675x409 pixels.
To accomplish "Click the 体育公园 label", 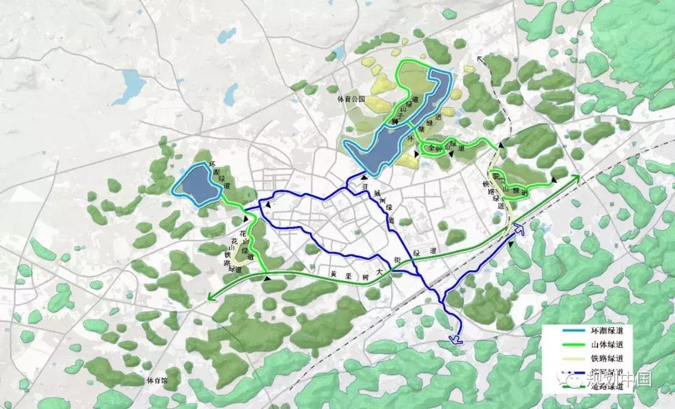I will pos(349,99).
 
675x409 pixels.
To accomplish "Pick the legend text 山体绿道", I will pos(599,345).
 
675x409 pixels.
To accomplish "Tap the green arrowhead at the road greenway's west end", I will pos(211,299).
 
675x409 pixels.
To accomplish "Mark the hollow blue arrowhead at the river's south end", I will pos(454,339).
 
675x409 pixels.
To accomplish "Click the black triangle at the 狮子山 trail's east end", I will pos(552,181).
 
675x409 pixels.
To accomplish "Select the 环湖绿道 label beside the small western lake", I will pos(218,175).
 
